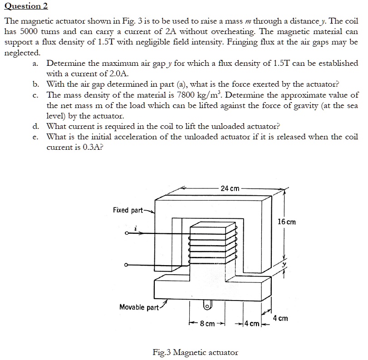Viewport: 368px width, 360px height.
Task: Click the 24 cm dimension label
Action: (x=230, y=188)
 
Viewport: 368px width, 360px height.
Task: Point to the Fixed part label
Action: (x=127, y=210)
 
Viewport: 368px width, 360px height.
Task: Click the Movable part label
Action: (x=139, y=307)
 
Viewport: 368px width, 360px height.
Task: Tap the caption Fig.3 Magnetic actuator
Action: (x=195, y=352)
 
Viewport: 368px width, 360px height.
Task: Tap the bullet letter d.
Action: (x=35, y=126)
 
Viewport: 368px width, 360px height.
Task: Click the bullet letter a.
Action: (x=35, y=64)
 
